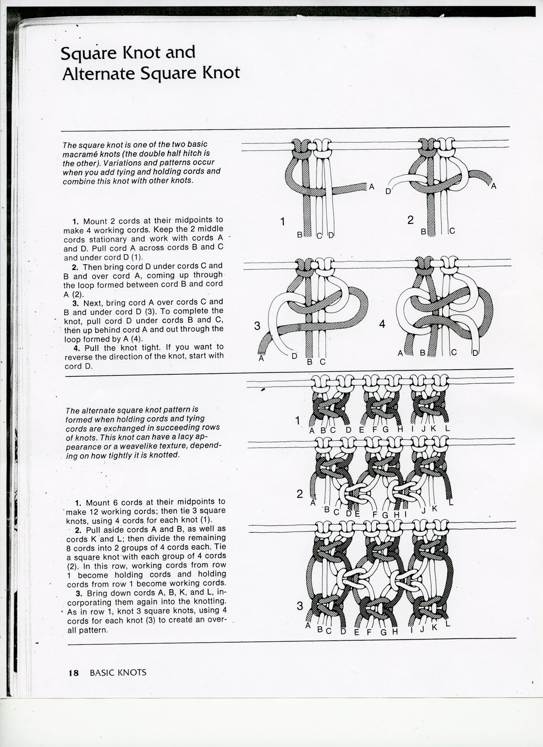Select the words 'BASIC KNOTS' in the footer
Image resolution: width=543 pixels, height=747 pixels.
[118, 673]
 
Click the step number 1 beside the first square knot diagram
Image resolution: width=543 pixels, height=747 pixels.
[282, 221]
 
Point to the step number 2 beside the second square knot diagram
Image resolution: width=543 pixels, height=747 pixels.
[410, 220]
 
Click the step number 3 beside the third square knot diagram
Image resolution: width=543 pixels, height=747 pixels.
[257, 325]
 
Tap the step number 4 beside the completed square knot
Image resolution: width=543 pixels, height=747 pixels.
[382, 324]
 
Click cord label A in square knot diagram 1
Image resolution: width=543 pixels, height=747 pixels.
[372, 187]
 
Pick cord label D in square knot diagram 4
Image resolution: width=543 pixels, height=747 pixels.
[475, 353]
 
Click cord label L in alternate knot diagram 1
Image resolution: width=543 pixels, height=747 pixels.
[447, 428]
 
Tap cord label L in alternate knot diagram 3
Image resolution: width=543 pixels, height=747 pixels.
[448, 624]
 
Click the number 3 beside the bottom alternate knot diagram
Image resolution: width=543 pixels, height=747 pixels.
[300, 606]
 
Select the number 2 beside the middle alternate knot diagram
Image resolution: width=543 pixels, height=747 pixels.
[300, 493]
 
